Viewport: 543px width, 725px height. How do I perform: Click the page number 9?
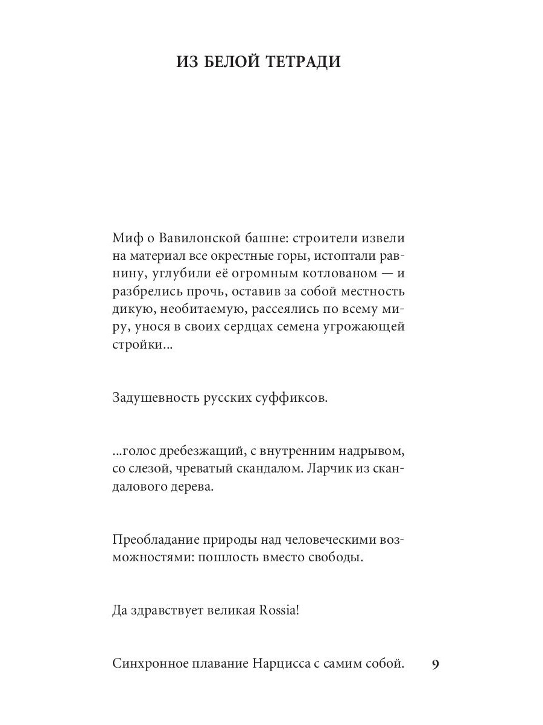[436, 665]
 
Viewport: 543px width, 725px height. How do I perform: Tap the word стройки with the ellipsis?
[138, 348]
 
